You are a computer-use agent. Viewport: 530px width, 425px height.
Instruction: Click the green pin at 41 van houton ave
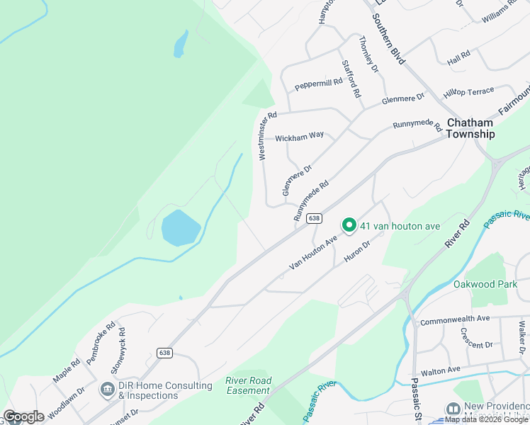pos(349,225)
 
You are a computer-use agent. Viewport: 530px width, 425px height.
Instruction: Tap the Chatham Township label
pos(470,128)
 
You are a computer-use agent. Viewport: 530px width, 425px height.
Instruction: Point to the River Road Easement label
pos(249,385)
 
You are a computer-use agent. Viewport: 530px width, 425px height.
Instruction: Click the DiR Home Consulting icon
pos(107,389)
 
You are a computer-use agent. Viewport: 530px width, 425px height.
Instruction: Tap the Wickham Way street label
pos(299,136)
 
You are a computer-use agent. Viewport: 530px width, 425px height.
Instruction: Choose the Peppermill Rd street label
pos(319,84)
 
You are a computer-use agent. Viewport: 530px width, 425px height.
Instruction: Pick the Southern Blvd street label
pos(390,43)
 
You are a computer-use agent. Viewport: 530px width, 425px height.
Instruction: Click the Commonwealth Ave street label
pos(455,321)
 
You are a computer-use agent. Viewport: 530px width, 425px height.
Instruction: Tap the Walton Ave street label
pos(441,370)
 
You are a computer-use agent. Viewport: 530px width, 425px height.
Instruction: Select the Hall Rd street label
pos(459,55)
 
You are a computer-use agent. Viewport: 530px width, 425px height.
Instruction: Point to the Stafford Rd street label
pos(351,79)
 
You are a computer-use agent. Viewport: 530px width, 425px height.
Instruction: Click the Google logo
pos(24,416)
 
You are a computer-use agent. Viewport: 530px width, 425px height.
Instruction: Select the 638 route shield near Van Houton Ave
pos(315,219)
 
